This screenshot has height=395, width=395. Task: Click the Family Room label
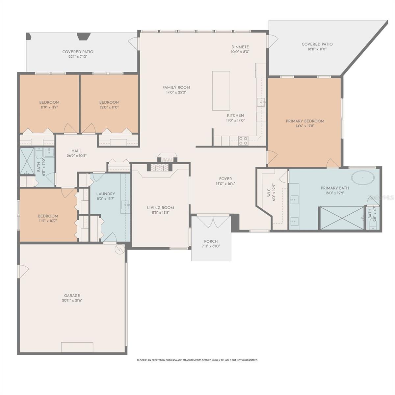pyautogui.click(x=176, y=87)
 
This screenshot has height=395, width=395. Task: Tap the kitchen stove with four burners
pyautogui.click(x=243, y=141)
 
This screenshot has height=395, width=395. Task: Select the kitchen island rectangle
pyautogui.click(x=221, y=91)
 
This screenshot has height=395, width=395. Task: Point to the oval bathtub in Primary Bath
pyautogui.click(x=363, y=178)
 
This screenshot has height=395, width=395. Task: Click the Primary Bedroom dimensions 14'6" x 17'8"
pyautogui.click(x=305, y=126)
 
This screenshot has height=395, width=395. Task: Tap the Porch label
pyautogui.click(x=211, y=241)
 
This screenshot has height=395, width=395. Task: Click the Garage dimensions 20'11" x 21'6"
pyautogui.click(x=72, y=301)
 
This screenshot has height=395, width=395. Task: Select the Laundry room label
pyautogui.click(x=105, y=194)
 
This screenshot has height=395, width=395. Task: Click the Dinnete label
pyautogui.click(x=240, y=47)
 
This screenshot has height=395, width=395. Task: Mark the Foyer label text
pyautogui.click(x=225, y=179)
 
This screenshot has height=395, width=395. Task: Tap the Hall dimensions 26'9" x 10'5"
pyautogui.click(x=76, y=156)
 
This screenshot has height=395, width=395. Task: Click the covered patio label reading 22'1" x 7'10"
pyautogui.click(x=78, y=57)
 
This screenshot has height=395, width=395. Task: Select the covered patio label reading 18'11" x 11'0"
pyautogui.click(x=317, y=49)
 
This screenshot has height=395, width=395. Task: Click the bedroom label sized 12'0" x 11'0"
pyautogui.click(x=109, y=107)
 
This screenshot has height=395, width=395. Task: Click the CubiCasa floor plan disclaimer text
pyautogui.click(x=197, y=360)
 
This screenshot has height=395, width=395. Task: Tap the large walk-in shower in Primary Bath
pyautogui.click(x=342, y=218)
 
